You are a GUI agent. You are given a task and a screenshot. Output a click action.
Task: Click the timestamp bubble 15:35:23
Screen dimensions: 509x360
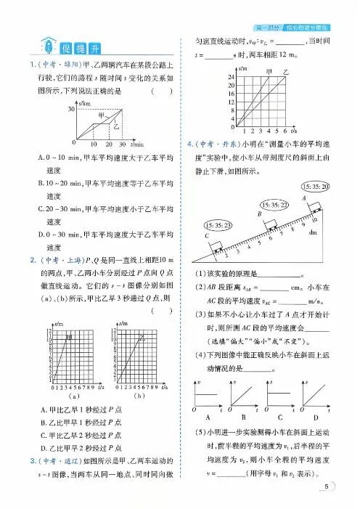[218, 227]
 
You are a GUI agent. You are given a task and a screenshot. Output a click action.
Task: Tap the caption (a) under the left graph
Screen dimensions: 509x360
[73, 397]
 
